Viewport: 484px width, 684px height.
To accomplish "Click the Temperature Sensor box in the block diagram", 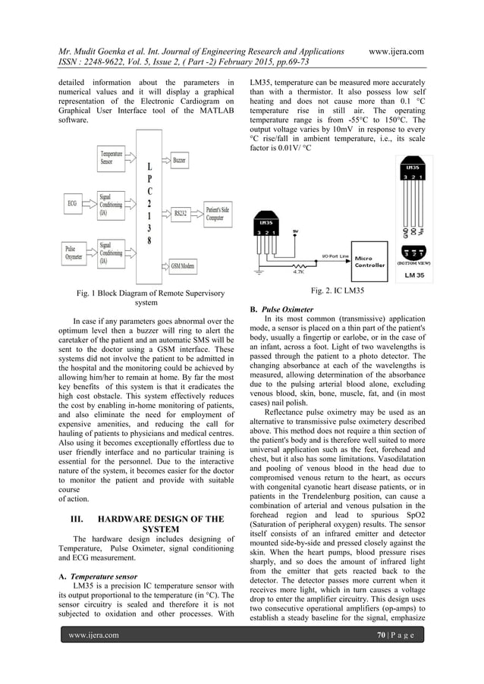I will (x=113, y=158).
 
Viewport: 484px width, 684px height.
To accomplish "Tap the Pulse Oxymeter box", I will (x=74, y=251).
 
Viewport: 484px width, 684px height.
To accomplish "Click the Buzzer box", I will (x=179, y=161).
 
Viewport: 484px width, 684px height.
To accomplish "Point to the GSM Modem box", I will (x=182, y=265).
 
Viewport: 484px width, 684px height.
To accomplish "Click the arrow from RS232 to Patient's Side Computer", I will (x=197, y=213).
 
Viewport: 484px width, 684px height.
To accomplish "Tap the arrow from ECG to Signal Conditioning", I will (x=90, y=203).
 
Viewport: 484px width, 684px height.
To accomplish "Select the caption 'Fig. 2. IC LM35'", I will (x=338, y=291).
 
